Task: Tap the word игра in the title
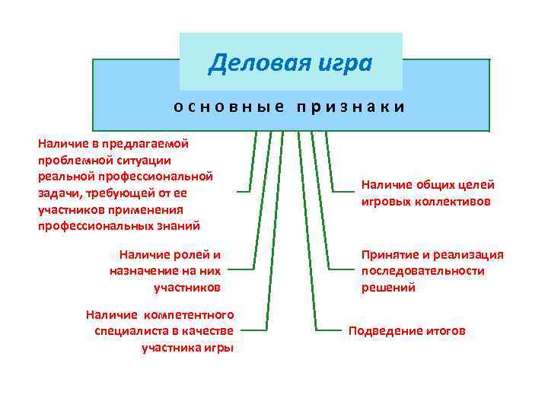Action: click(343, 62)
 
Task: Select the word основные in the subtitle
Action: click(228, 107)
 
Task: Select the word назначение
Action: click(145, 271)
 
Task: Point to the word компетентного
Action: click(188, 314)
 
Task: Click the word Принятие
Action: click(391, 255)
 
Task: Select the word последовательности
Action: click(422, 271)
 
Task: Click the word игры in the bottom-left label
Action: click(218, 348)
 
